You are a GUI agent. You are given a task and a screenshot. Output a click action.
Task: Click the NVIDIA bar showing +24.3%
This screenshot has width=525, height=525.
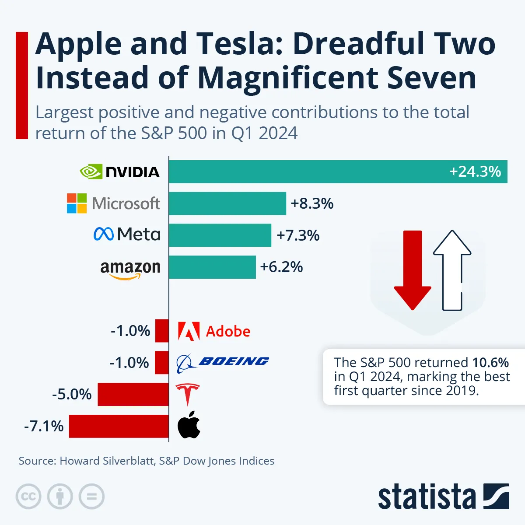[338, 171]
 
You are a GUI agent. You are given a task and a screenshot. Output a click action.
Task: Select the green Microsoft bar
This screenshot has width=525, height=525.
[227, 203]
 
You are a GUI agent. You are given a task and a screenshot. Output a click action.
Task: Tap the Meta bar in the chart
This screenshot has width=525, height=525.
[220, 235]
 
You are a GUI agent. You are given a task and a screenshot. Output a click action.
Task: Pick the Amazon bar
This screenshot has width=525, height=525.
[212, 267]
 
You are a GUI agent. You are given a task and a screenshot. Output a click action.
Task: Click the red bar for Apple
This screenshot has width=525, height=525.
[119, 426]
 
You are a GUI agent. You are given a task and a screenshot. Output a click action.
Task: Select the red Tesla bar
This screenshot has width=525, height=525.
[133, 394]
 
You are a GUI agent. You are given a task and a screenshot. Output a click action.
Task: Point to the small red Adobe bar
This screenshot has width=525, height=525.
[162, 331]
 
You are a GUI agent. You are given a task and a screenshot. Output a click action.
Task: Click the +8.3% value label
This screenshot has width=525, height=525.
[312, 203]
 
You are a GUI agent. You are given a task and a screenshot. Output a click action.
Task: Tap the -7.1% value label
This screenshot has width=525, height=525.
[44, 426]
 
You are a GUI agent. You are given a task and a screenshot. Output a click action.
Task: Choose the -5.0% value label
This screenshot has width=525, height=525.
[72, 394]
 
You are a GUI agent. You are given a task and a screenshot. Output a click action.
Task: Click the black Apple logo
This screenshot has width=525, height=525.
[189, 425]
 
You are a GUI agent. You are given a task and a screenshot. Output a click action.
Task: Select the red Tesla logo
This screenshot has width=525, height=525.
[187, 394]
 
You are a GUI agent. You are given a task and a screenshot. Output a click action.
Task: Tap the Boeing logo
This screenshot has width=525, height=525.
[222, 362]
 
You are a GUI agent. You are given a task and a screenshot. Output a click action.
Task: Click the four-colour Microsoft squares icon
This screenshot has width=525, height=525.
[77, 203]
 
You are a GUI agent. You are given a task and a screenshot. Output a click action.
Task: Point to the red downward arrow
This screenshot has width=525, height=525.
[413, 269]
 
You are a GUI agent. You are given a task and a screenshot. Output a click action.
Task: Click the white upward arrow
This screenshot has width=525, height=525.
[452, 269]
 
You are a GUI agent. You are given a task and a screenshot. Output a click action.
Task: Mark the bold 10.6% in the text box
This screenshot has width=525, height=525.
[490, 363]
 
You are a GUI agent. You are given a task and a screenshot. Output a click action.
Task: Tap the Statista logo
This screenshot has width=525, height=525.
[443, 497]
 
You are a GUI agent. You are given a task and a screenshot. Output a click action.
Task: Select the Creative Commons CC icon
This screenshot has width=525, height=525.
[28, 497]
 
